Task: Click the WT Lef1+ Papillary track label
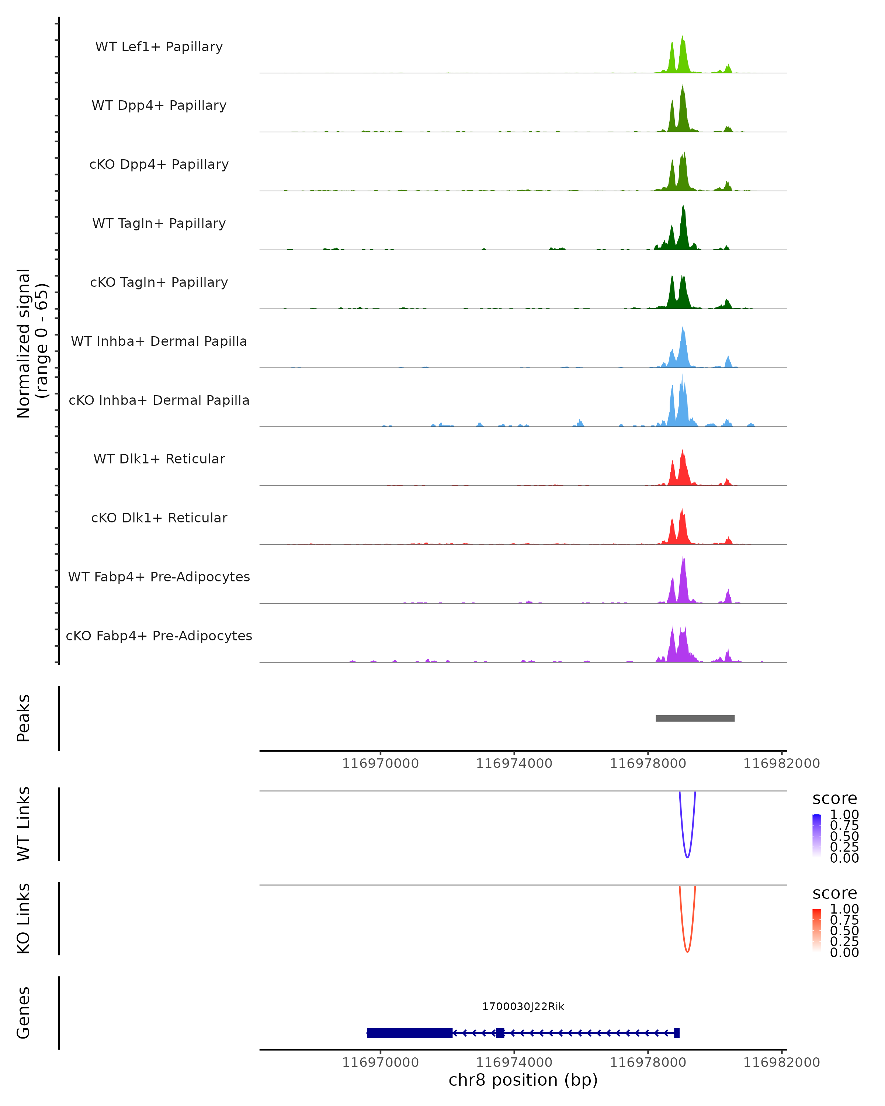coord(159,47)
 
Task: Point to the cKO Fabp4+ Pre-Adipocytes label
coord(159,636)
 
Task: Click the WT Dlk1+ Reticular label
coord(159,459)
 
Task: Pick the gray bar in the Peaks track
coord(695,718)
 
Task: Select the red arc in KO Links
coord(687,951)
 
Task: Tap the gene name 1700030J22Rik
coord(523,1006)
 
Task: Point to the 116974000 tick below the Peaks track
coord(514,764)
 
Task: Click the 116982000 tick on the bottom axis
coord(781,1062)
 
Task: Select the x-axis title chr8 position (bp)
coord(523,1080)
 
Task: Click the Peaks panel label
coord(24,718)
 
